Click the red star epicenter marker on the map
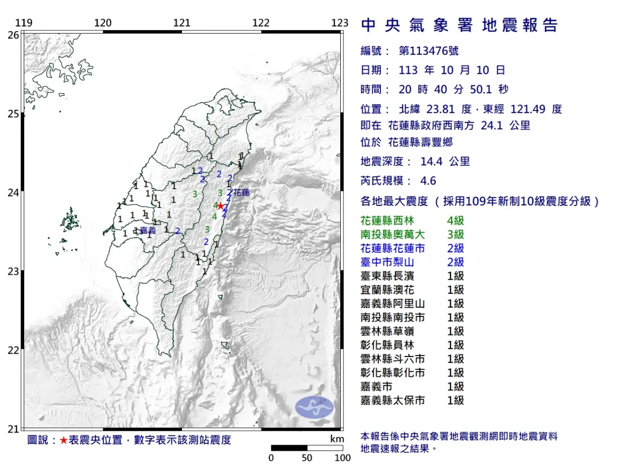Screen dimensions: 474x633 tap(220, 206)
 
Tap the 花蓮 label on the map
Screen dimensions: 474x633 tap(241, 193)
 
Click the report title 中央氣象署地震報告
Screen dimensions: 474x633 tap(459, 25)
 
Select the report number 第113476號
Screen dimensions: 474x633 tap(428, 51)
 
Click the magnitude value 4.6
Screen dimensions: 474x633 tap(428, 181)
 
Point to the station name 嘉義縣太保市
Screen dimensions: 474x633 tap(392, 400)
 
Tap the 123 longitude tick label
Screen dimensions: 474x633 tap(340, 23)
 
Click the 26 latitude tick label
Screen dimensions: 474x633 tap(14, 35)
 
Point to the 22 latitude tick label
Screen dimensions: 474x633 tap(14, 350)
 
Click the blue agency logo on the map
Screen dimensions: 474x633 tap(314, 407)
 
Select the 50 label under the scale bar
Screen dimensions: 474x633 tap(307, 458)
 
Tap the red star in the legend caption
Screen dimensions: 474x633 tap(63, 440)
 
